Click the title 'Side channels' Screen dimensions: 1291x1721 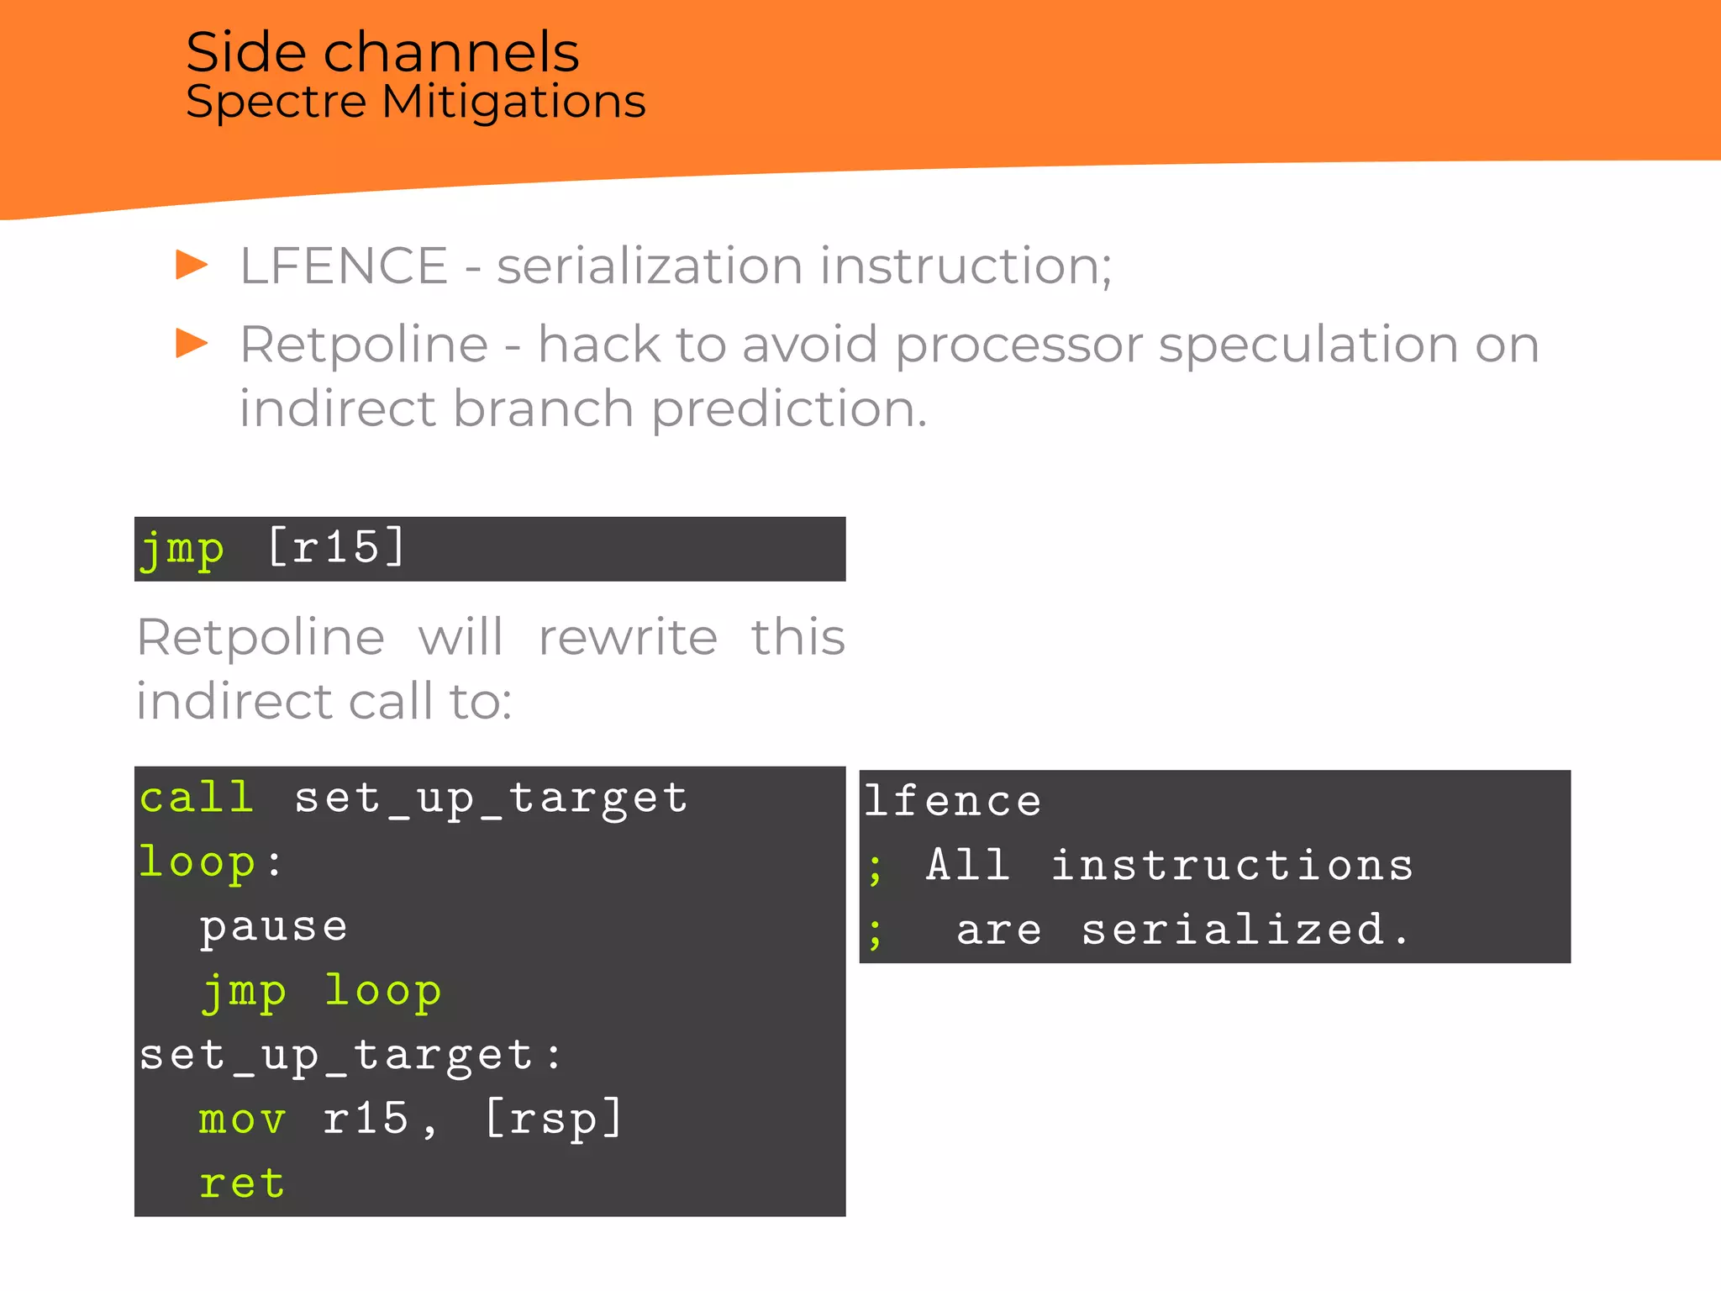[x=382, y=52]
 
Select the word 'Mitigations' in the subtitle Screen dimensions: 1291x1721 [x=513, y=103]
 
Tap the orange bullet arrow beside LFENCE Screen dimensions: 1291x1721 [x=192, y=265]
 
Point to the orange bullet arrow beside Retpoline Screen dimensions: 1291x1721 [x=192, y=343]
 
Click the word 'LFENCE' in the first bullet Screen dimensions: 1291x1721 [x=344, y=266]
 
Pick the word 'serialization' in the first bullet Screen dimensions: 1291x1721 [x=650, y=266]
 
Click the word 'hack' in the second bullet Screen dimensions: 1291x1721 [x=598, y=345]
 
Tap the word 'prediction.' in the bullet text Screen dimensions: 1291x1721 [x=789, y=410]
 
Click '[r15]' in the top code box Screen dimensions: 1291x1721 [x=337, y=548]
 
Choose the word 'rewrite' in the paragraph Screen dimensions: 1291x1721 [x=628, y=637]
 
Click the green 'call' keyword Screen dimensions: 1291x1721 [x=197, y=797]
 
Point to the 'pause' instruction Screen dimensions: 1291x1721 [x=273, y=927]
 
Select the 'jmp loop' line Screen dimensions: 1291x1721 [x=320, y=992]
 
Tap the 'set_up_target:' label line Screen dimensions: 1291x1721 [x=350, y=1056]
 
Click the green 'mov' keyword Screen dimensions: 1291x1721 [x=243, y=1120]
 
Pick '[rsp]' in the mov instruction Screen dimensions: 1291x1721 [x=554, y=1120]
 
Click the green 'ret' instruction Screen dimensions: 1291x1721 [x=243, y=1184]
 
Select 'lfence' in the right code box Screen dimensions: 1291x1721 [x=953, y=801]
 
